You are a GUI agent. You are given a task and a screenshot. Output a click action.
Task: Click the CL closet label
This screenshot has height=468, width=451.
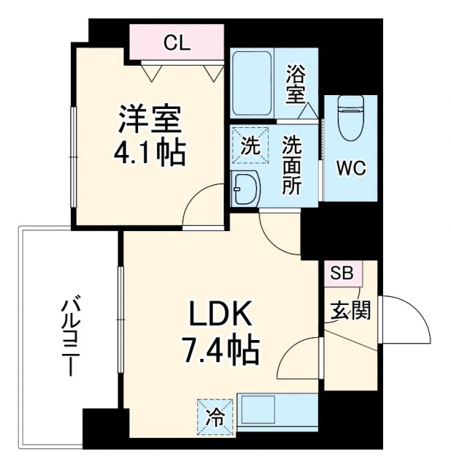coord(176,42)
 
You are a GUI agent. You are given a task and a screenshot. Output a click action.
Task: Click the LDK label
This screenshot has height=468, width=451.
coord(221,317)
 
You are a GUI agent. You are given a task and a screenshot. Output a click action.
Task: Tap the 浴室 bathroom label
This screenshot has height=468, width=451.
coord(295,83)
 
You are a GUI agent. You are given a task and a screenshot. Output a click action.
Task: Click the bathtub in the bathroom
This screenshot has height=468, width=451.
coord(252,82)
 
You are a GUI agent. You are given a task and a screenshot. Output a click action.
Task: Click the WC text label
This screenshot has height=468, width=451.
coord(350,168)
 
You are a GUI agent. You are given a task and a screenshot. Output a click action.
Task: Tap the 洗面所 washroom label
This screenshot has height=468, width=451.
coord(292,165)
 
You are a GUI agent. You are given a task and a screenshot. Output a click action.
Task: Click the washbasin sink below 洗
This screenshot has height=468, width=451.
coord(244,190)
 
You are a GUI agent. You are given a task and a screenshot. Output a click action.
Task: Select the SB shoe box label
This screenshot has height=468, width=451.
coord(341,274)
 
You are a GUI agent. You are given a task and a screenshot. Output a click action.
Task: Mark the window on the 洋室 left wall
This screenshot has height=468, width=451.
coord(74,156)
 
